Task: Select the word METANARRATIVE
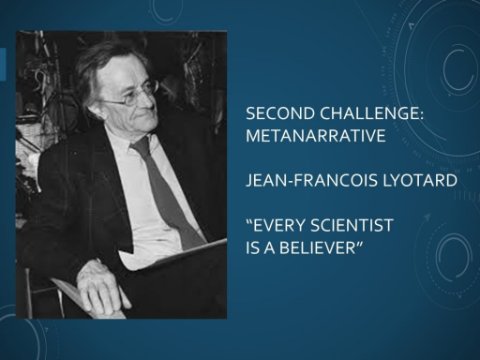tap(316, 136)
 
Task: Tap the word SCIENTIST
tap(352, 225)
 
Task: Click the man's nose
tap(148, 102)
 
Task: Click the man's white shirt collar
tap(133, 140)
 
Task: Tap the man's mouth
tap(146, 118)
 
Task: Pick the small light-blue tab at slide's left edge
tap(3, 64)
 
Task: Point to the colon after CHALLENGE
tap(421, 115)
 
